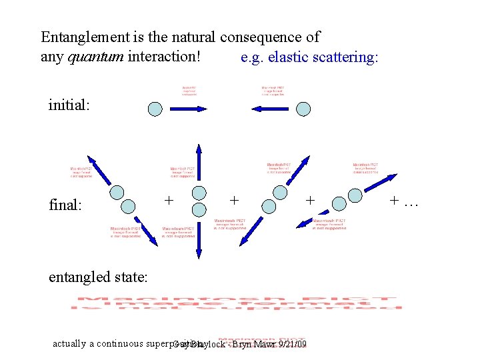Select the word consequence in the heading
point(264,38)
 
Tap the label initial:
point(70,105)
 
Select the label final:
point(65,205)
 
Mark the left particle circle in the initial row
point(155,109)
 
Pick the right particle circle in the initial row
point(303,109)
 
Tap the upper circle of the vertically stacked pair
point(198,193)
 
